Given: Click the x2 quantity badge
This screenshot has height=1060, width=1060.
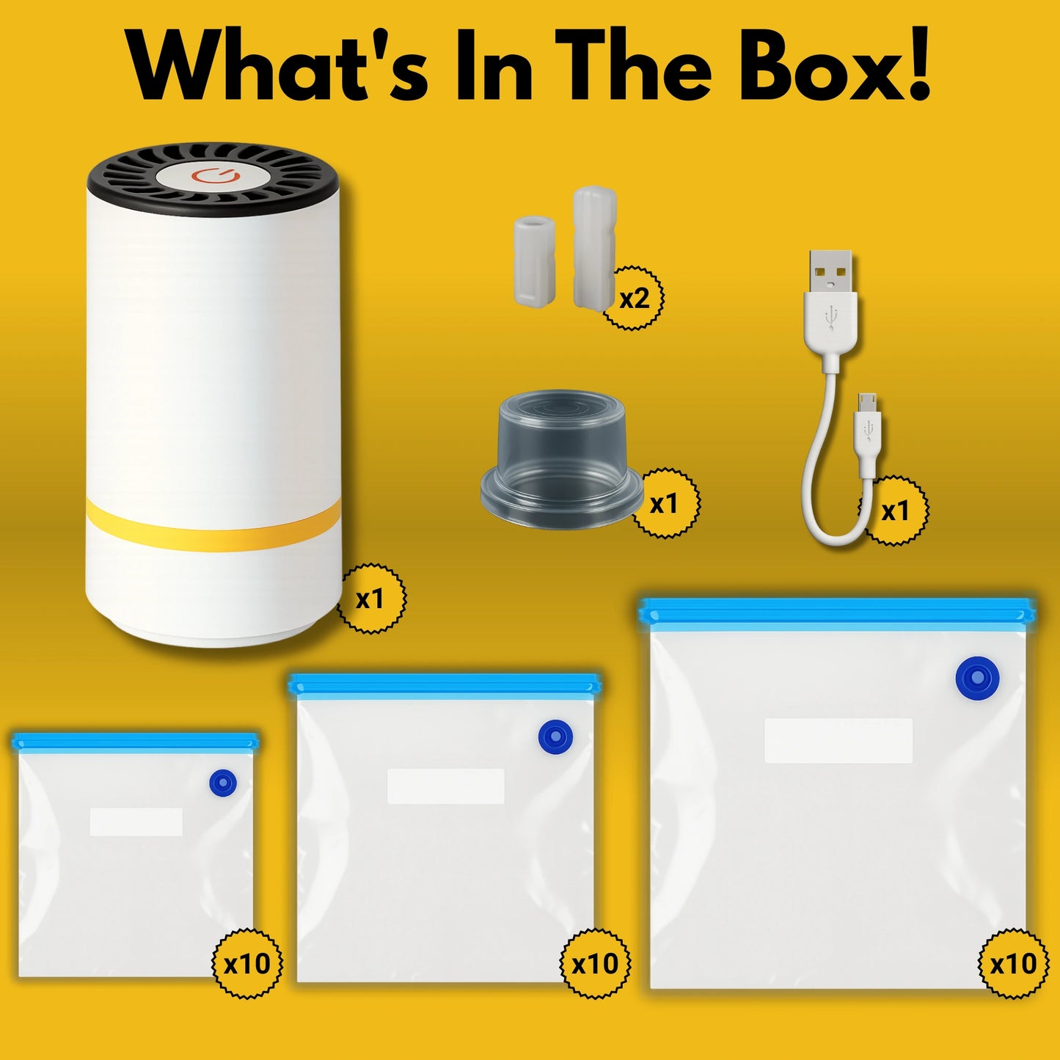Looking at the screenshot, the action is coord(634,298).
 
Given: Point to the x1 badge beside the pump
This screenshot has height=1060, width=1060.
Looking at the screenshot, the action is coord(370,599).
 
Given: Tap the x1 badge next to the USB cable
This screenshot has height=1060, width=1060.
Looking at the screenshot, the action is coord(896,511).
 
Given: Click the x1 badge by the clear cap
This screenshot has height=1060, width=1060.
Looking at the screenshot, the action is coord(665,503).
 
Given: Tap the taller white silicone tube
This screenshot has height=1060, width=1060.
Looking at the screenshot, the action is coord(594,248).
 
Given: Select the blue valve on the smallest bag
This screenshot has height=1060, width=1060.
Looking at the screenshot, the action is coord(223,782).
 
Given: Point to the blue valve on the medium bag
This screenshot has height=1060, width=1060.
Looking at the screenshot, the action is coord(555,737).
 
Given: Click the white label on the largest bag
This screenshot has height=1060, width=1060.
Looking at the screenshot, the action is coord(839,740).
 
